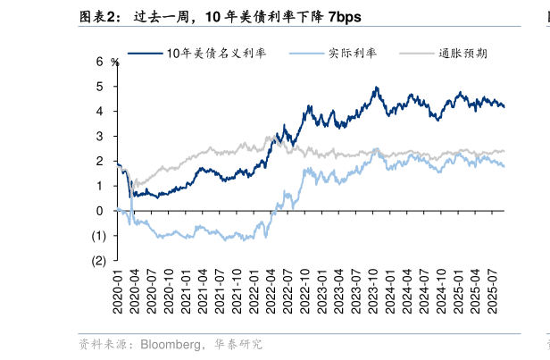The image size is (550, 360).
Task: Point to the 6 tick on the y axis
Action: (100, 62)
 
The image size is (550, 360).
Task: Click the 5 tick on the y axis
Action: (100, 87)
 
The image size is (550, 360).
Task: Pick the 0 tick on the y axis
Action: (100, 211)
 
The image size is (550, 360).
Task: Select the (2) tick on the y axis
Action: (97, 261)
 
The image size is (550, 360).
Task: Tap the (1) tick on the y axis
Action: (97, 236)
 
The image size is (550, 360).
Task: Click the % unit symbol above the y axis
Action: (114, 62)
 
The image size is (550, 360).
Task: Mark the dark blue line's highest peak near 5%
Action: (377, 88)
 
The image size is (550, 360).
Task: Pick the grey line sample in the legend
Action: (415, 54)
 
